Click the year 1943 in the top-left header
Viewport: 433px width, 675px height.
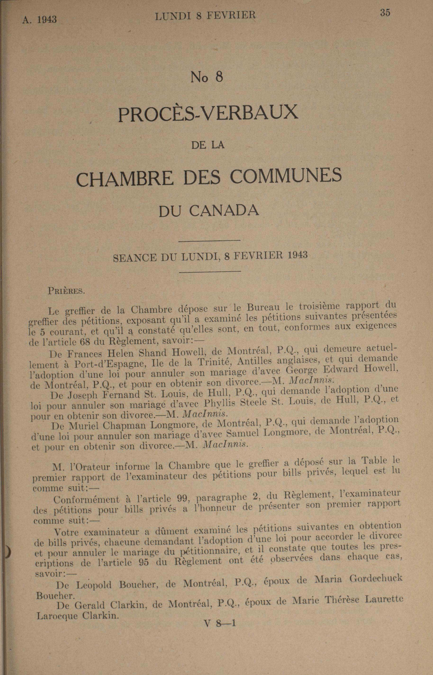(x=47, y=19)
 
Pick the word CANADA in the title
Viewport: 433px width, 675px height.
(x=224, y=211)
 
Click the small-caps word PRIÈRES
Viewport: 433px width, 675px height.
(x=66, y=290)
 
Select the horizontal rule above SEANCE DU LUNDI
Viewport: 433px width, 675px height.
(x=209, y=240)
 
